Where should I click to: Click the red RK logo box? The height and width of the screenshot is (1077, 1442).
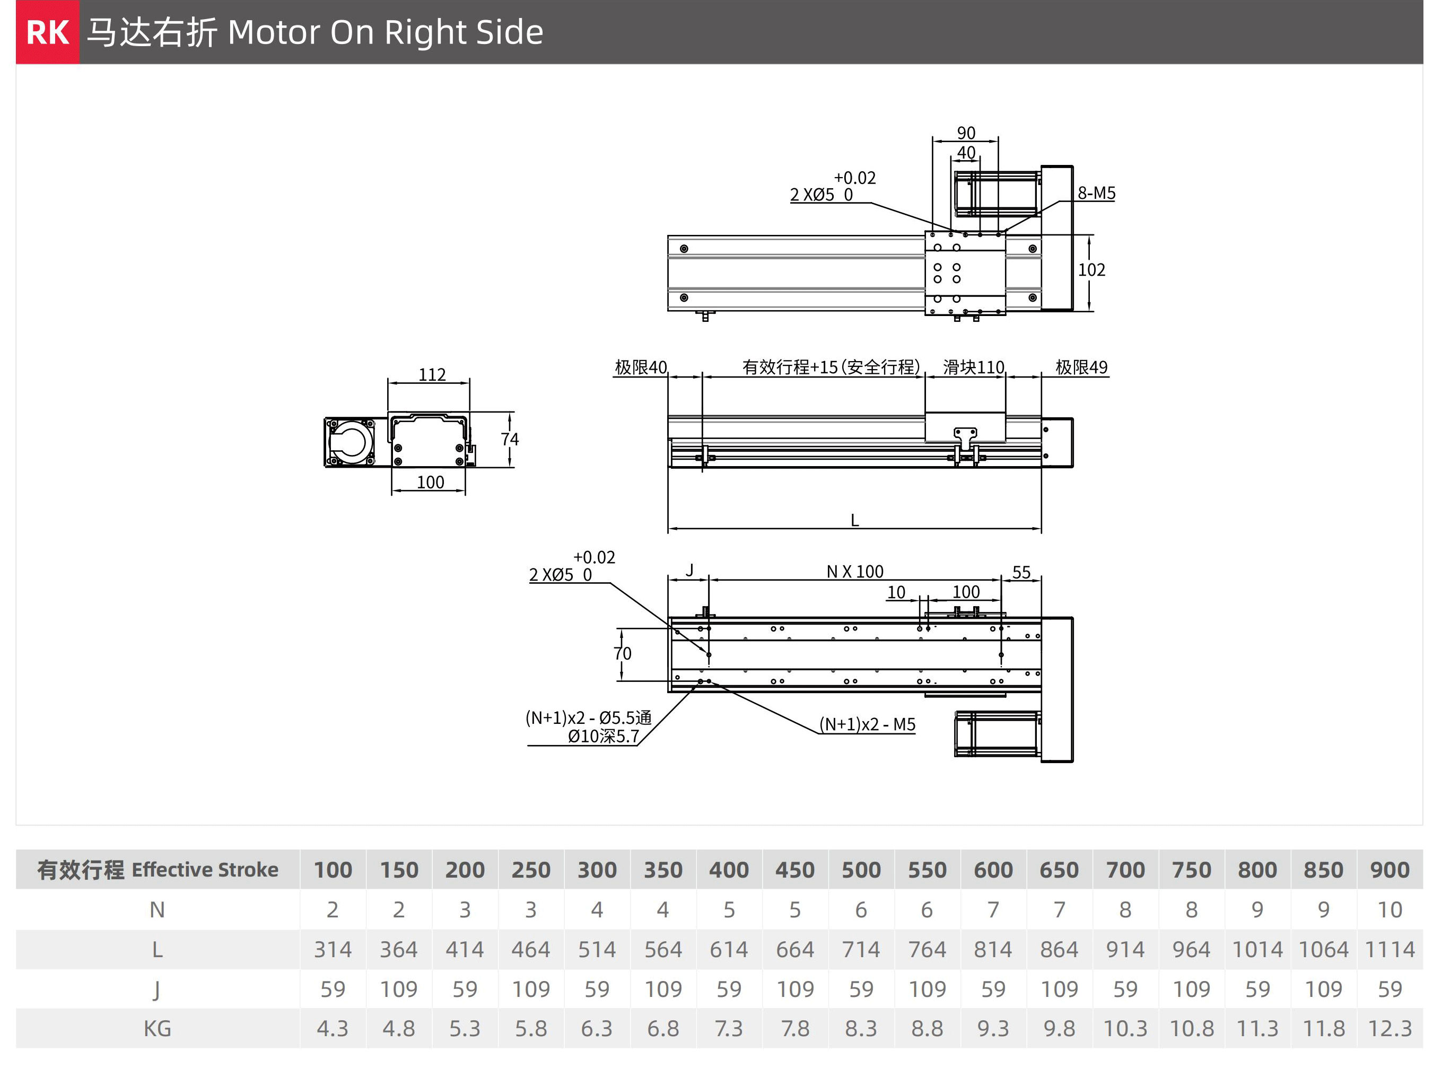click(x=48, y=32)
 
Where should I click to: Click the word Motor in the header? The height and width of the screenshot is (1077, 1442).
click(x=274, y=32)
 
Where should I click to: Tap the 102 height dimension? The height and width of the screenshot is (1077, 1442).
click(x=1091, y=270)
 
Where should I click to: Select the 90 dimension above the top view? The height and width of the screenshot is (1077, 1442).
click(x=966, y=133)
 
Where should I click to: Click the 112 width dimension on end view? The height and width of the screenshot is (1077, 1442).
click(x=432, y=374)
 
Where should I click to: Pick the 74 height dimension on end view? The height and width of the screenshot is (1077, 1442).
click(x=510, y=440)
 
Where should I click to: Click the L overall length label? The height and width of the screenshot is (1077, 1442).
click(x=854, y=520)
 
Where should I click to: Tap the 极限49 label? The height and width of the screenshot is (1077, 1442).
click(x=1081, y=367)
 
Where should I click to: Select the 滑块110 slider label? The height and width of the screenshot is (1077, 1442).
click(x=973, y=367)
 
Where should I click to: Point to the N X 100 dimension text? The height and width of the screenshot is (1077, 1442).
click(x=854, y=572)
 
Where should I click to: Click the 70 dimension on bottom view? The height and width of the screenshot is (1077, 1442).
click(x=623, y=653)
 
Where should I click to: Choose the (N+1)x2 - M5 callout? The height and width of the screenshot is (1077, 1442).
click(x=867, y=724)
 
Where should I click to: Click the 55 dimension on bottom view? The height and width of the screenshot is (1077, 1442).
click(x=1021, y=572)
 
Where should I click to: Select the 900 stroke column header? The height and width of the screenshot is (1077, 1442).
click(x=1389, y=870)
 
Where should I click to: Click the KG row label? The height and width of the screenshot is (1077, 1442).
click(x=157, y=1029)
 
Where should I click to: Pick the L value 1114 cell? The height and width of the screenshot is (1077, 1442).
click(x=1389, y=949)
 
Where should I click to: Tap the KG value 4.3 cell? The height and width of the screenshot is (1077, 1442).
click(x=333, y=1029)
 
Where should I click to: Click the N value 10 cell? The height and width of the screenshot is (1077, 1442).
click(x=1389, y=909)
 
